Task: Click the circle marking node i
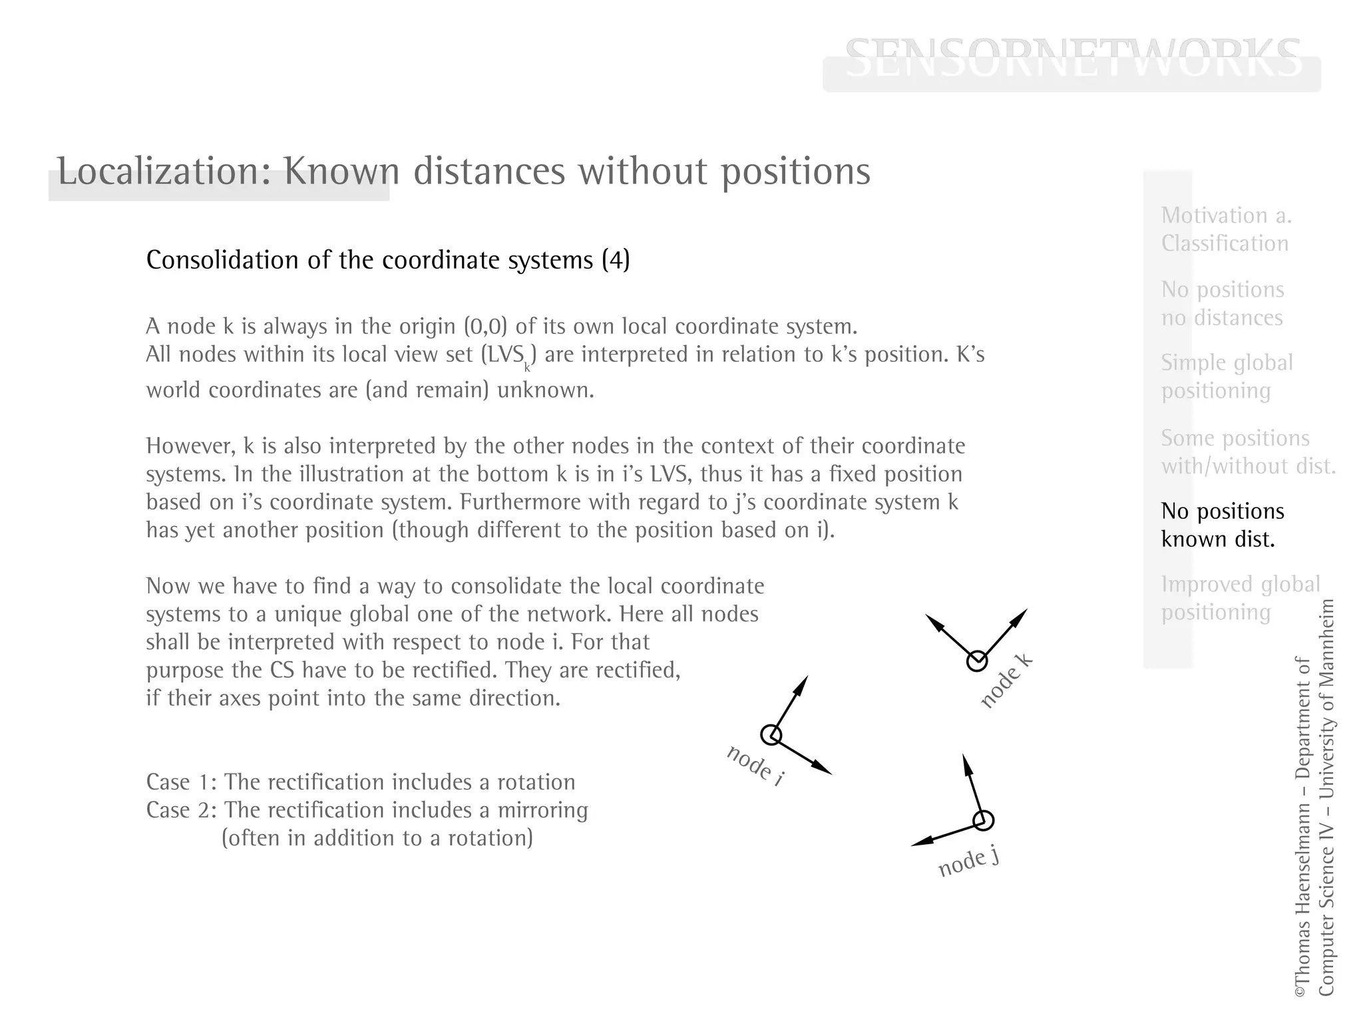click(771, 735)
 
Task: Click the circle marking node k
click(976, 661)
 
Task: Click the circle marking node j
click(983, 820)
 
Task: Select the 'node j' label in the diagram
click(968, 862)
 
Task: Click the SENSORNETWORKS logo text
click(1072, 58)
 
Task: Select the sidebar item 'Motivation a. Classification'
click(1226, 229)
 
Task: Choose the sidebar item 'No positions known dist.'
click(1222, 525)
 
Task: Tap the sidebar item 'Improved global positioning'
click(1240, 598)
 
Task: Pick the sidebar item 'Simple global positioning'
click(1227, 376)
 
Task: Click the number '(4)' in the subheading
click(616, 259)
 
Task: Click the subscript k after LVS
click(527, 366)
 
